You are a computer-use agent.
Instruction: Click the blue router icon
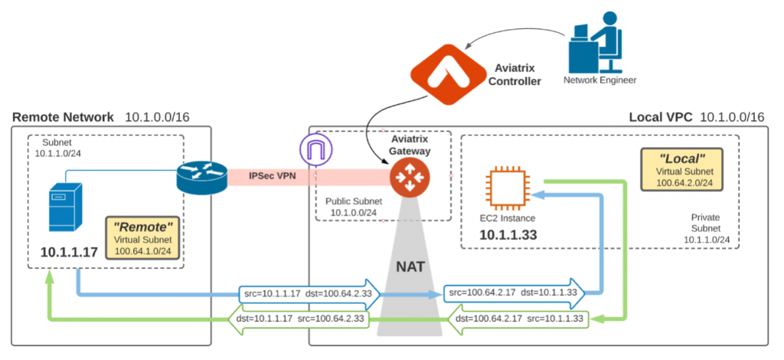(x=201, y=175)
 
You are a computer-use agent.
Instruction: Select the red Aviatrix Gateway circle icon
(x=405, y=178)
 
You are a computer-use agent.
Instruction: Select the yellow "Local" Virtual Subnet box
(x=682, y=169)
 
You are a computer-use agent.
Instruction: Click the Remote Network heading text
(x=62, y=117)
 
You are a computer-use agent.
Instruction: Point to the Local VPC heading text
(x=661, y=117)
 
